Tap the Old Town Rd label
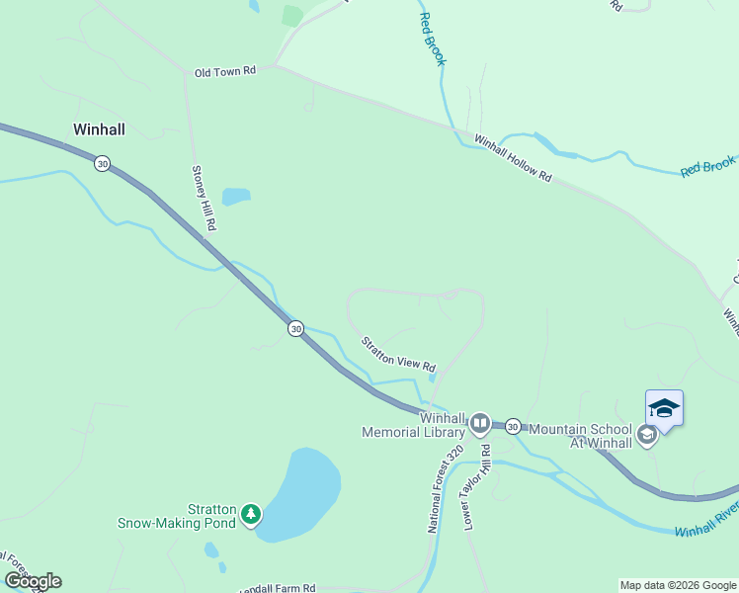click(x=225, y=72)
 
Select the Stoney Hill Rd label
click(x=204, y=199)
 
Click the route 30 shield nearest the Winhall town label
click(x=102, y=163)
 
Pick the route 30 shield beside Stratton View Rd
click(x=295, y=328)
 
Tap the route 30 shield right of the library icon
click(x=513, y=426)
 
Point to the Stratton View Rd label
click(x=398, y=354)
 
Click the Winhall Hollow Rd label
click(x=513, y=158)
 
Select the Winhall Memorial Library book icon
click(x=479, y=424)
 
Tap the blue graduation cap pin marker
click(x=664, y=409)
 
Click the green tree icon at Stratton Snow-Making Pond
click(x=252, y=513)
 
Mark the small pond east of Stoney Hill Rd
click(x=236, y=197)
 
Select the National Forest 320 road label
click(x=444, y=490)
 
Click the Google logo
click(x=33, y=581)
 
